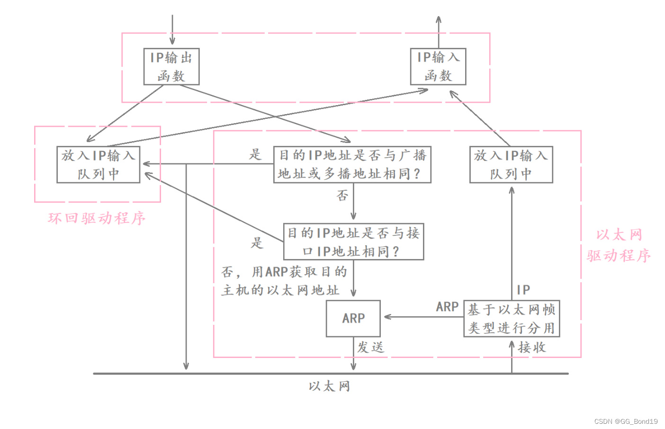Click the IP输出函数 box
pos(171,67)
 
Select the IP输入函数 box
pos(438,67)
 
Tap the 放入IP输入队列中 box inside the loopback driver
pos(98,164)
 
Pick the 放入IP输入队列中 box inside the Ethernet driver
pos(511,164)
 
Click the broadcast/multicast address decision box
pos(352,164)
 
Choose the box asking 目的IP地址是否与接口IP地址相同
pos(353,241)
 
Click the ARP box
pos(353,318)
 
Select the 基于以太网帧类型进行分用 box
pos(512,318)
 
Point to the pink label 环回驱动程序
pos(97,218)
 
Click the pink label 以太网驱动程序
pos(619,245)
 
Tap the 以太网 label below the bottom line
pos(329,386)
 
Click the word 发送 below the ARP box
pos(370,348)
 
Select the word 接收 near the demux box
pos(532,348)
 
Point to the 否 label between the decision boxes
pos(342,196)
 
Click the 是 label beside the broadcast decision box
pos(255,154)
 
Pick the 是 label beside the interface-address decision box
pos(257,243)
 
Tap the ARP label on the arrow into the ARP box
pos(447,307)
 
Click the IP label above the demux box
pos(523,290)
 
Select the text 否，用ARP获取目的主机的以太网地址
pos(284,281)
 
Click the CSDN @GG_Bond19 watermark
pos(626,421)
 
